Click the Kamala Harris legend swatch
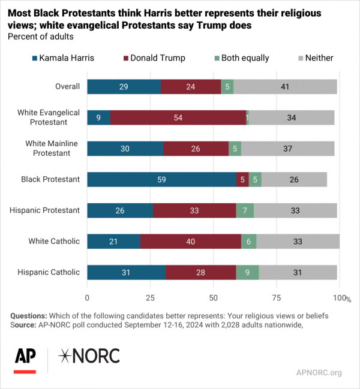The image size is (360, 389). pos(34,58)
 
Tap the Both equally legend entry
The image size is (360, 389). pos(240,58)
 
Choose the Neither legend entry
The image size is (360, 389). pos(316,58)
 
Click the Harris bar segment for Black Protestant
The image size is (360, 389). pos(161,179)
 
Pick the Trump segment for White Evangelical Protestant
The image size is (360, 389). pos(178,117)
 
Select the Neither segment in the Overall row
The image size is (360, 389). pos(285,86)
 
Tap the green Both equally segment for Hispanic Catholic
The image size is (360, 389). pos(247,272)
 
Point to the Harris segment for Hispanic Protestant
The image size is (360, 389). pos(120,210)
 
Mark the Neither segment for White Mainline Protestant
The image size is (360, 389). pos(287,148)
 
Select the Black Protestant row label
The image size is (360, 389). pos(50,179)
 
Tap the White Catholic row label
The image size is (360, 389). pos(54,241)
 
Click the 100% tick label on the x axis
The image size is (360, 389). pos(340,298)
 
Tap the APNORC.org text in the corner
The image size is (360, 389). pos(319,372)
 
